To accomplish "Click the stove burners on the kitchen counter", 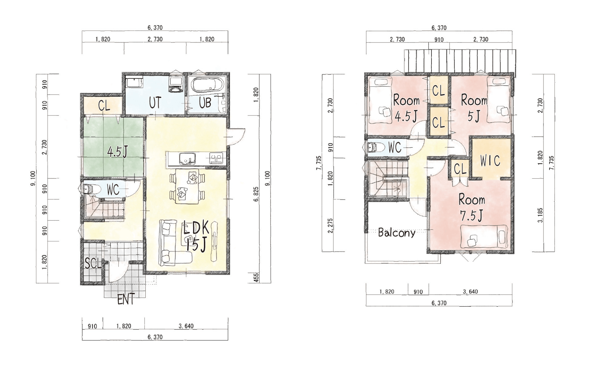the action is (x=216, y=158).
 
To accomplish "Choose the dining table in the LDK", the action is (x=187, y=187).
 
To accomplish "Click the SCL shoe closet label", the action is (x=93, y=263).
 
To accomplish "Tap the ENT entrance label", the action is (x=126, y=300).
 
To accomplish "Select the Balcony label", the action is (x=396, y=233).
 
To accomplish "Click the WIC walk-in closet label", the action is (x=490, y=161).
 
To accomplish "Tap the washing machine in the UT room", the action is (x=176, y=85).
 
